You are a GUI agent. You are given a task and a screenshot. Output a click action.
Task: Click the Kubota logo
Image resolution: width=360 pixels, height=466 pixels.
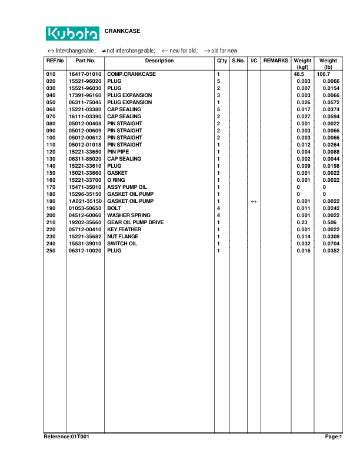point(72,33)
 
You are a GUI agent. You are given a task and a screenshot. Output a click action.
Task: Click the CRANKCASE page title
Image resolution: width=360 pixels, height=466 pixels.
point(122,31)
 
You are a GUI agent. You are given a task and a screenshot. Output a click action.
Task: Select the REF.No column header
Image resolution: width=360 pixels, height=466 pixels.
point(55,61)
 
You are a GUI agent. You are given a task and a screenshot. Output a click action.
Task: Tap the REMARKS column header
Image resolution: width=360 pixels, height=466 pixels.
point(275,61)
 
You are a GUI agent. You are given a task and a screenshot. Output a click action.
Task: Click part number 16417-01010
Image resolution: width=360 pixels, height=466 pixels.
point(85,74)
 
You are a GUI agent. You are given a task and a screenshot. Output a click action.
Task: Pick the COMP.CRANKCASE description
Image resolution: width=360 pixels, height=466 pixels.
point(131,74)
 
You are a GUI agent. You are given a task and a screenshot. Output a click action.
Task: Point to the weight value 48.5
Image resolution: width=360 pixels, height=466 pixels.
point(299,74)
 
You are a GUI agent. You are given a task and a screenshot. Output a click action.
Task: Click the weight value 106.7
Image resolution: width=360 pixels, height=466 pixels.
point(324,74)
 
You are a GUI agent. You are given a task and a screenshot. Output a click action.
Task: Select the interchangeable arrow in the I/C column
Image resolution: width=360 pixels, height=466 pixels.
point(254,201)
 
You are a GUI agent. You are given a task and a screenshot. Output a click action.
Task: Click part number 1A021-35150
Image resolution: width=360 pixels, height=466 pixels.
point(85,201)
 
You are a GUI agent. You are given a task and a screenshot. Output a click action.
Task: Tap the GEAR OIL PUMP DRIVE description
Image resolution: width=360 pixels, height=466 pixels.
point(135,222)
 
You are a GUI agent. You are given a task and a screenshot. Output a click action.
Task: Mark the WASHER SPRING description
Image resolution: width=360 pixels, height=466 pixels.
point(128,215)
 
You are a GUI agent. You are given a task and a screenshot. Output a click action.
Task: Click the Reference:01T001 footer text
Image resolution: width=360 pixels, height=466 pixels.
point(66,437)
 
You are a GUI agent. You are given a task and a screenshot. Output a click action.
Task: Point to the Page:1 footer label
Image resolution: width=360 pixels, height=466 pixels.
point(333,437)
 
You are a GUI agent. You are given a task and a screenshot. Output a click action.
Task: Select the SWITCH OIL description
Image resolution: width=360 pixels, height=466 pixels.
point(122,244)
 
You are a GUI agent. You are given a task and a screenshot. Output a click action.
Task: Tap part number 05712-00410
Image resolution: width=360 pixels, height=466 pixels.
point(85,229)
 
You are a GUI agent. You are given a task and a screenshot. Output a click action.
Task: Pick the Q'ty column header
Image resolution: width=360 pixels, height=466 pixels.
point(222,61)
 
